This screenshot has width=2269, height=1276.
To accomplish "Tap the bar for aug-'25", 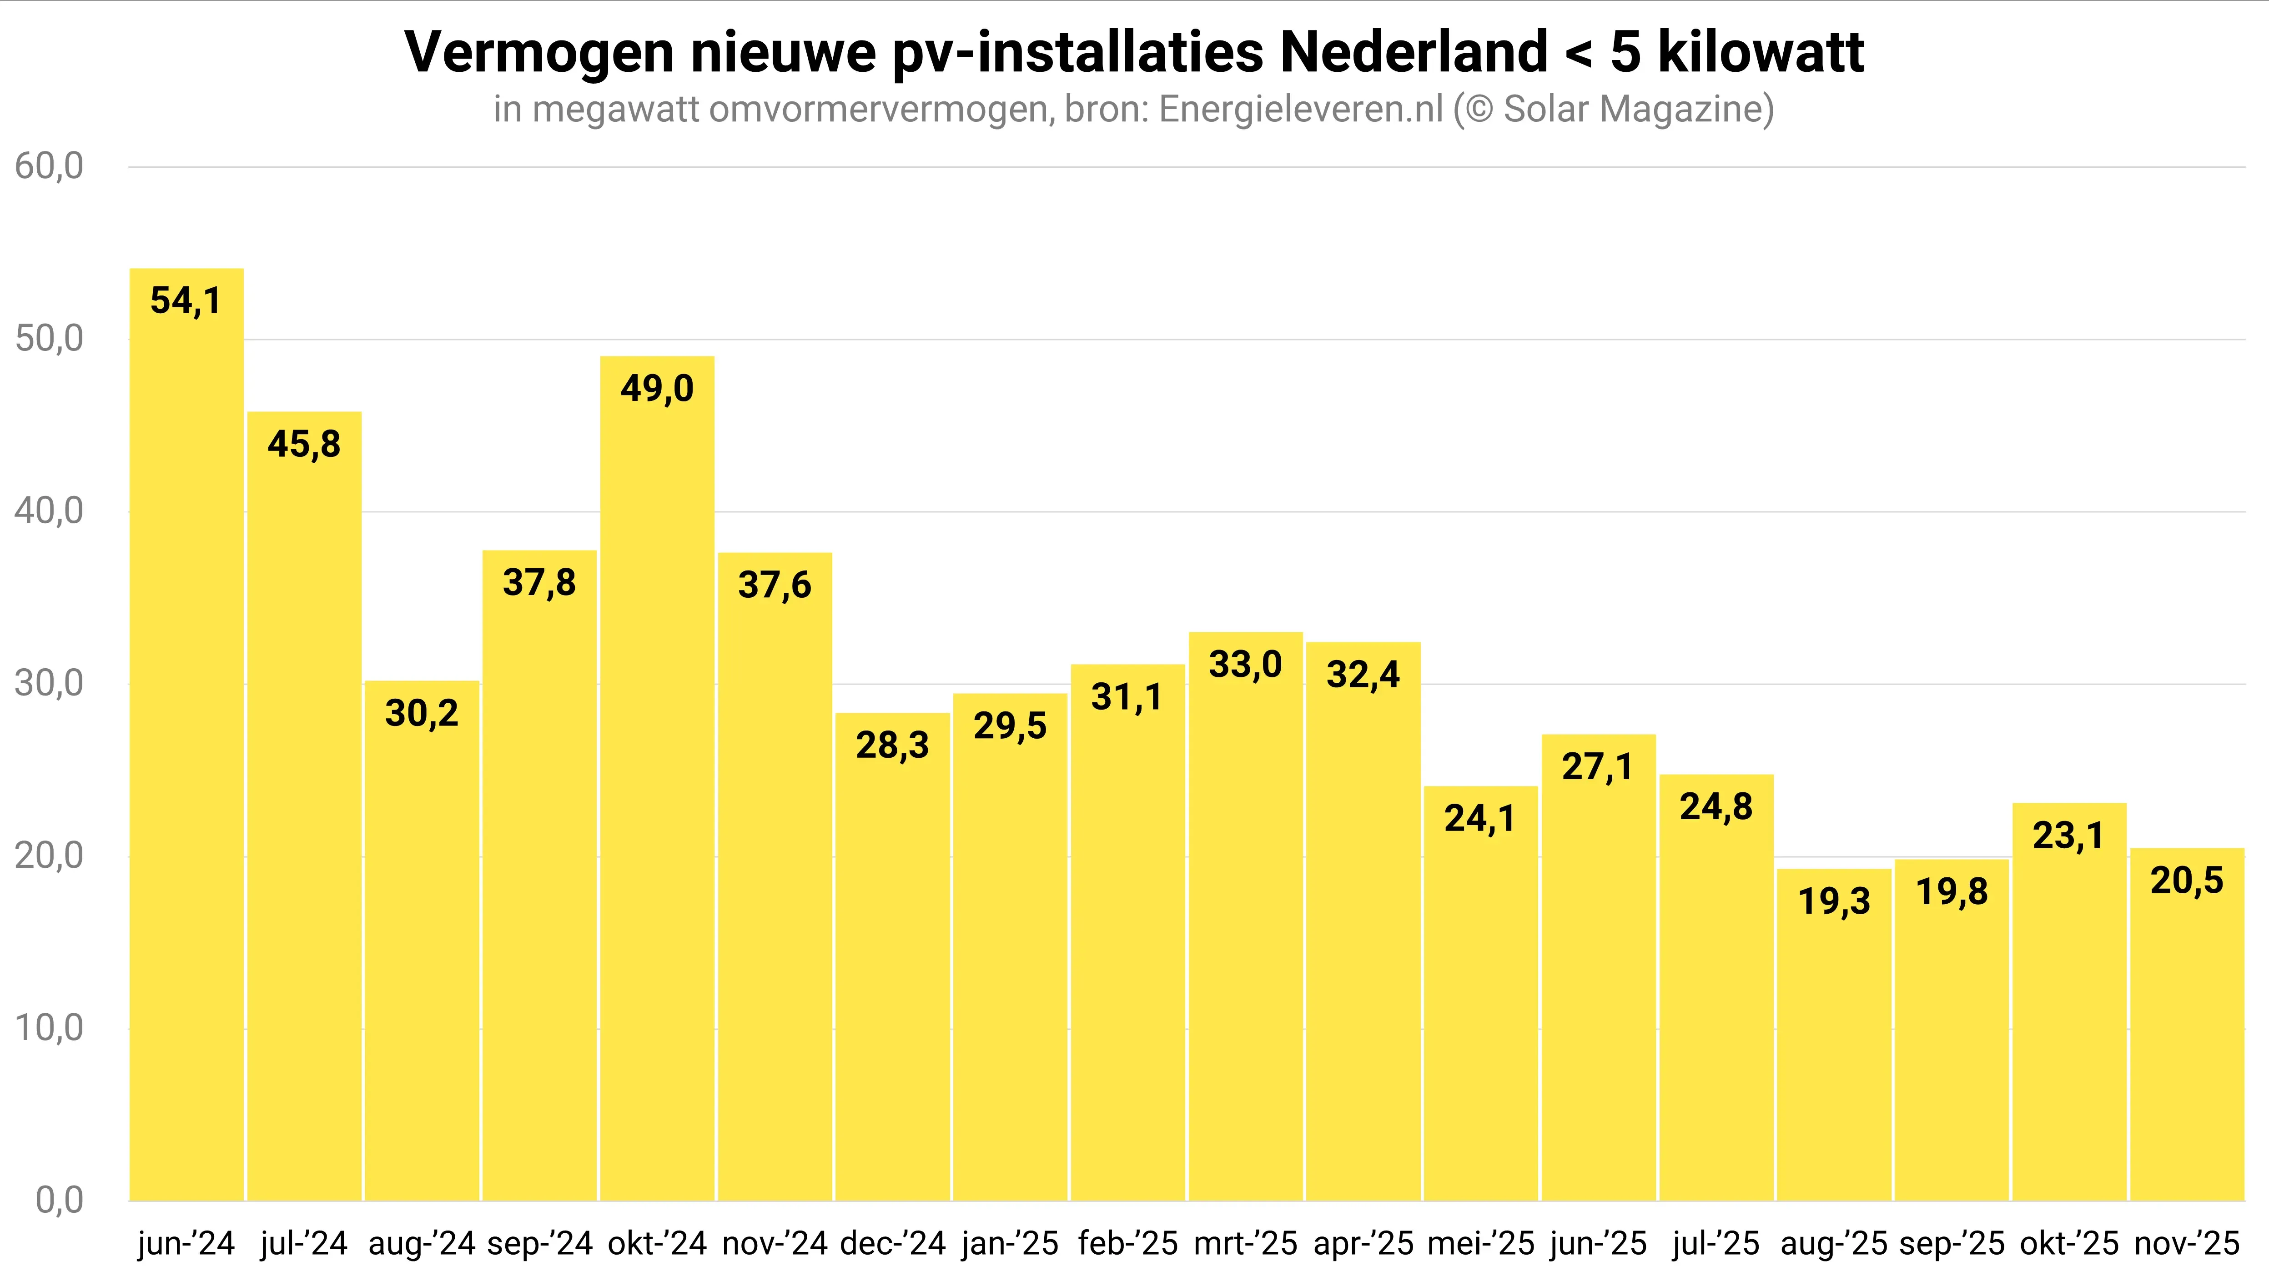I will (x=1834, y=1035).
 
